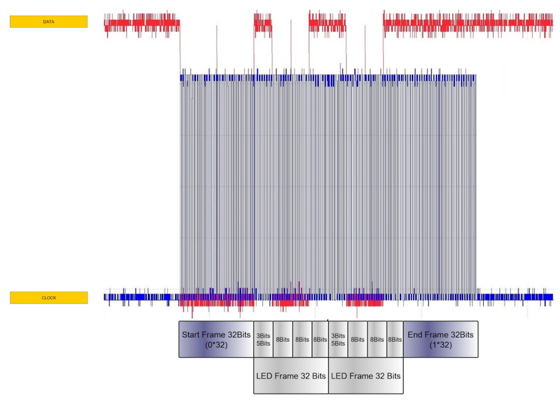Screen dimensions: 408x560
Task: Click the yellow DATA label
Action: pos(49,22)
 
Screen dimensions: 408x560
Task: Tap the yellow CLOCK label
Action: pos(49,298)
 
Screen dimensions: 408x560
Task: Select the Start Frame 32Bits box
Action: pos(216,339)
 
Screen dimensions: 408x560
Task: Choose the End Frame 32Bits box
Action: pos(440,339)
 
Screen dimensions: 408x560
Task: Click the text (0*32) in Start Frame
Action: pos(216,345)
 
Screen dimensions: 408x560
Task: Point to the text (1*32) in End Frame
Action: pos(440,345)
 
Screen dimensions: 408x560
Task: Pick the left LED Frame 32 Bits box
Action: pos(291,376)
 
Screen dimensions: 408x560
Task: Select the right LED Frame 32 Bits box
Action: pos(366,376)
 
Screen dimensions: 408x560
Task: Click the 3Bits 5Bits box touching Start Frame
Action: pos(263,339)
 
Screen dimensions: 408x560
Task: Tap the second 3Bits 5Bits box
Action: pos(338,339)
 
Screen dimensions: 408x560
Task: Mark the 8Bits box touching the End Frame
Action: pos(395,339)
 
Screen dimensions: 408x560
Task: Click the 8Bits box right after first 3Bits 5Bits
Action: pos(283,339)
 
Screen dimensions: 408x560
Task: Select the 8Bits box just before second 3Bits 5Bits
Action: pos(320,339)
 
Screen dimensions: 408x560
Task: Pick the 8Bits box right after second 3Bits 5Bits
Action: pos(357,339)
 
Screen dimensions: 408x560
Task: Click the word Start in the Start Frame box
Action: pos(192,335)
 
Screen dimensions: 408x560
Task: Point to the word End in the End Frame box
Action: pos(416,335)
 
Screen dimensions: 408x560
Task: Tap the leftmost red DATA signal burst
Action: pos(142,24)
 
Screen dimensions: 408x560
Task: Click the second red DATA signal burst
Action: pos(262,24)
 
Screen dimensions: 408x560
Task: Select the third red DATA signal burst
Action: pos(327,24)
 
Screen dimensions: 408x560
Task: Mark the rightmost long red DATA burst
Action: pos(468,24)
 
